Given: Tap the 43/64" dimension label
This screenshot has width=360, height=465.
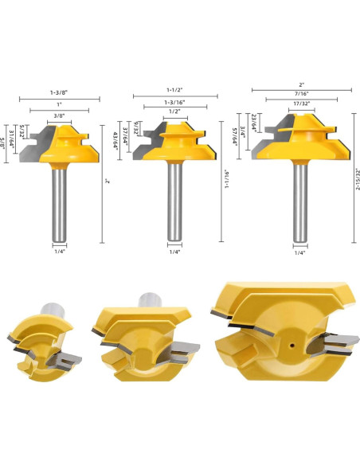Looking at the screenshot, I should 115,141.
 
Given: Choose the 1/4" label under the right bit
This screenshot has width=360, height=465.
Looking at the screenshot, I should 299,252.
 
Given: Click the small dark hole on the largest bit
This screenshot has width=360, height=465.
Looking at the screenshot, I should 292,346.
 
